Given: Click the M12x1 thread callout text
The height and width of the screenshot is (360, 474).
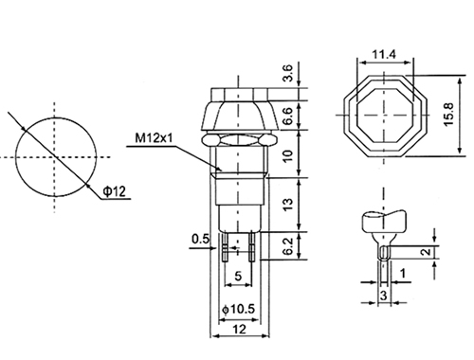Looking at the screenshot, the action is click(155, 138).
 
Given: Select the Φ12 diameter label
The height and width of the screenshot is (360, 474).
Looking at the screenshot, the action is click(115, 191).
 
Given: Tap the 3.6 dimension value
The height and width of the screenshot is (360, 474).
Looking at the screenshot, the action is click(288, 73).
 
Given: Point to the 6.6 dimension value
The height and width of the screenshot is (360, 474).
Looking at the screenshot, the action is click(288, 116).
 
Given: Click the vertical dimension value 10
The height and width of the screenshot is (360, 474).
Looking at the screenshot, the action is click(288, 155).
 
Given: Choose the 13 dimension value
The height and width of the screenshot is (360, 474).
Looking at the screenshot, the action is click(288, 205).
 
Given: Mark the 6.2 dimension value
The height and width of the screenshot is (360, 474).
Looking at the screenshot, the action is click(288, 246).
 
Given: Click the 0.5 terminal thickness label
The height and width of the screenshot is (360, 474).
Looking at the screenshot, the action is click(200, 239).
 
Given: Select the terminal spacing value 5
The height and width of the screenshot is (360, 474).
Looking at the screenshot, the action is click(238, 276).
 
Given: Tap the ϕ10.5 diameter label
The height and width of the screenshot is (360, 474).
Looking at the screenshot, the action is click(239, 309).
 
